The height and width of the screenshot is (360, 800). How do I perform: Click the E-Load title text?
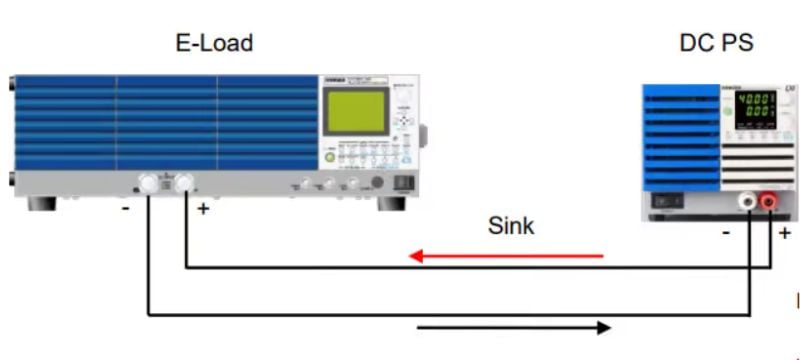[213, 42]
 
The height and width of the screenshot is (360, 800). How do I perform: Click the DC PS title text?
[716, 42]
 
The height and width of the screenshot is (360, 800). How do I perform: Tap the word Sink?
[511, 226]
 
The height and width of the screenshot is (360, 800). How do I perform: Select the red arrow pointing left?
[506, 257]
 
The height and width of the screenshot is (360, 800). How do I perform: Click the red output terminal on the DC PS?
[769, 202]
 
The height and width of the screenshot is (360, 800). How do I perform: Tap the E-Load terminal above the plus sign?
[184, 183]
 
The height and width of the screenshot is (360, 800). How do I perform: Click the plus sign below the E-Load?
[203, 210]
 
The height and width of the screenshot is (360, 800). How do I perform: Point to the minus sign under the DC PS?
[727, 232]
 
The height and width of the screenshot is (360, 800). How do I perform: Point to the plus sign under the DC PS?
[785, 232]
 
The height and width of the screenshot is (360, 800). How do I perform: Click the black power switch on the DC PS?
[668, 199]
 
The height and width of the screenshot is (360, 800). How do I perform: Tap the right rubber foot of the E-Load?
[391, 203]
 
